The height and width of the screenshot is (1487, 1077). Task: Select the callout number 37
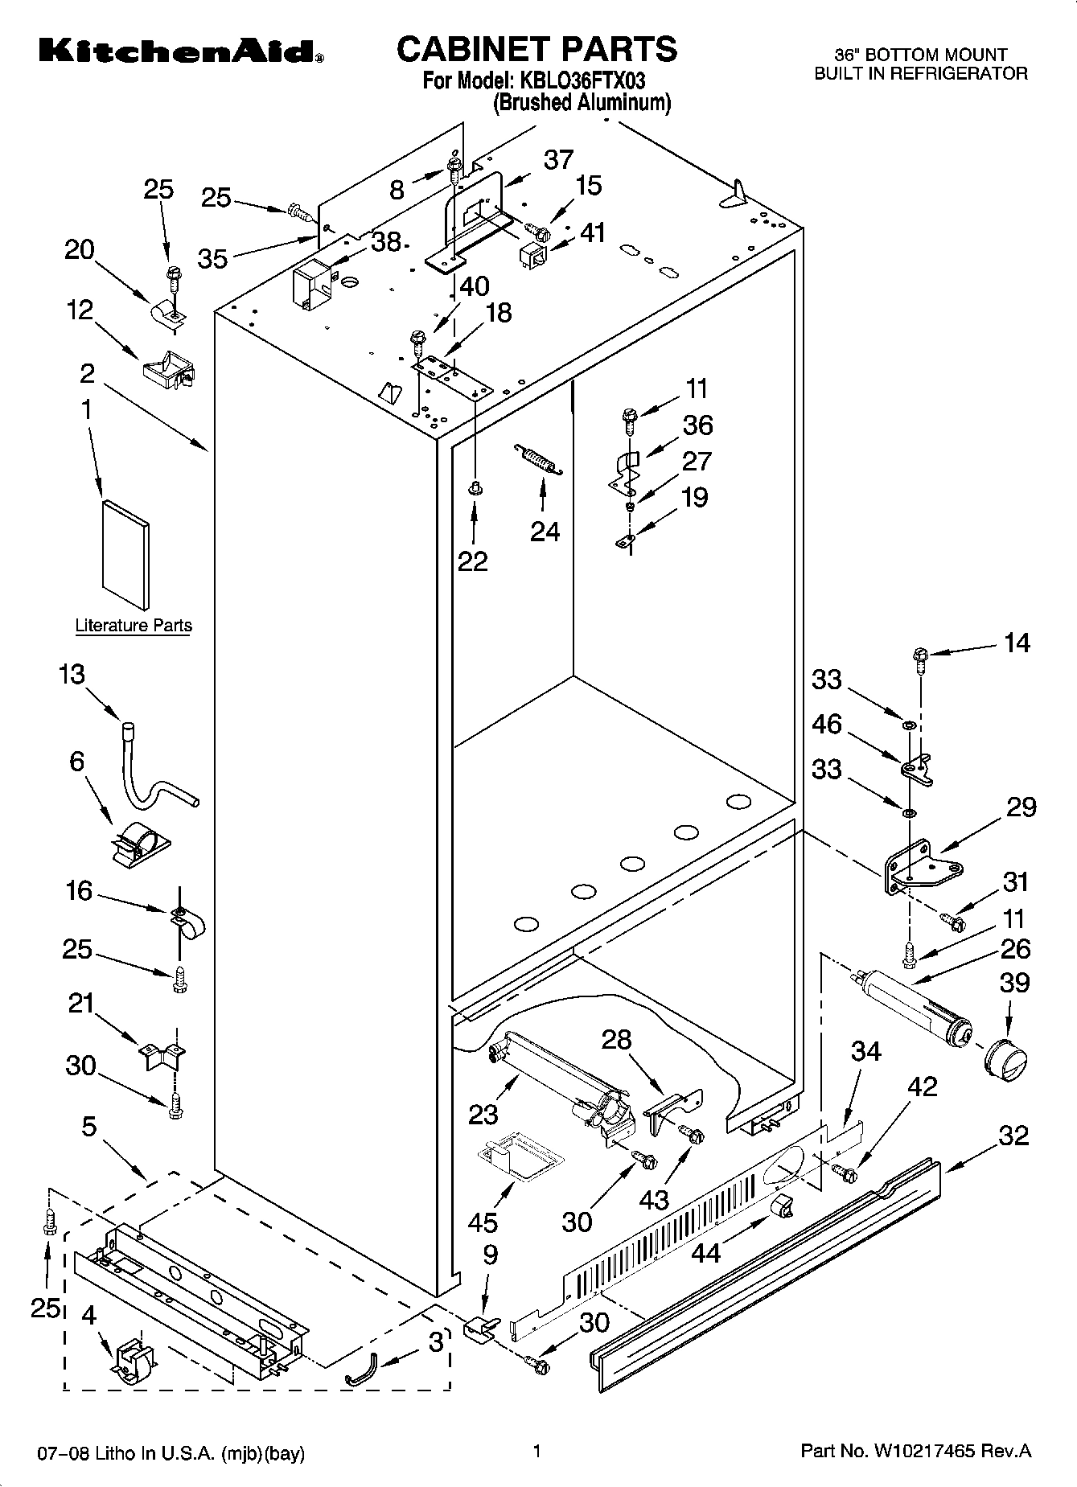pos(558,160)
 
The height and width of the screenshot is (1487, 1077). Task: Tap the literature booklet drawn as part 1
pos(125,555)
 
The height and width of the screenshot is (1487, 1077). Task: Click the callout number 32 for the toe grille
pos(1013,1136)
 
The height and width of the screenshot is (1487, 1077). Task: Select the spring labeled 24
pos(537,460)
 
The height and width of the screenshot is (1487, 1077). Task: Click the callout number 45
pos(483,1223)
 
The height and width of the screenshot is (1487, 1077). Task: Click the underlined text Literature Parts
pos(134,626)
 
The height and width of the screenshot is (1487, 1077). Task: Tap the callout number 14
pos(1017,643)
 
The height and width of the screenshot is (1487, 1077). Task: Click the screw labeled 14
pos(919,658)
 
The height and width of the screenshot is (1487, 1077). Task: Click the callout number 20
pos(80,250)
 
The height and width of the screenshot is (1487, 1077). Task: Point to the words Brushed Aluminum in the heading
pos(582,103)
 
